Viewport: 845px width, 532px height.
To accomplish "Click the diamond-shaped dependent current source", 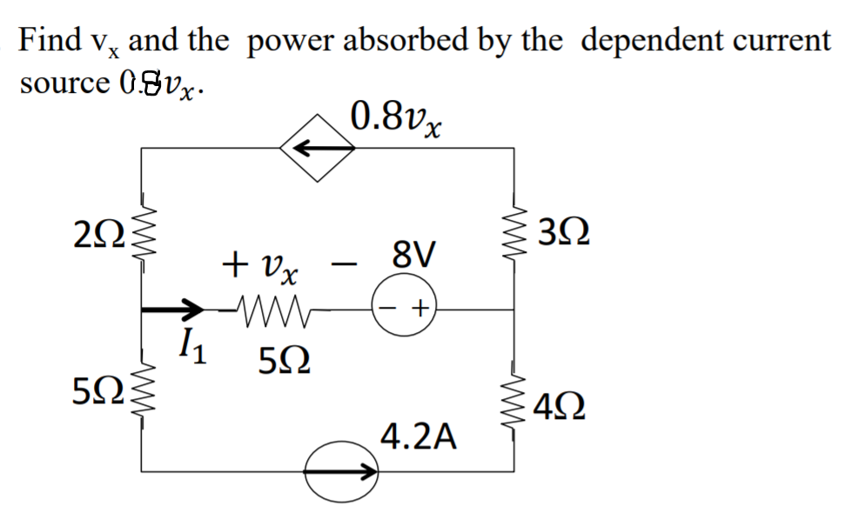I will point(317,149).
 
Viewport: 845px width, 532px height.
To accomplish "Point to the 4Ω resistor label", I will point(562,406).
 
